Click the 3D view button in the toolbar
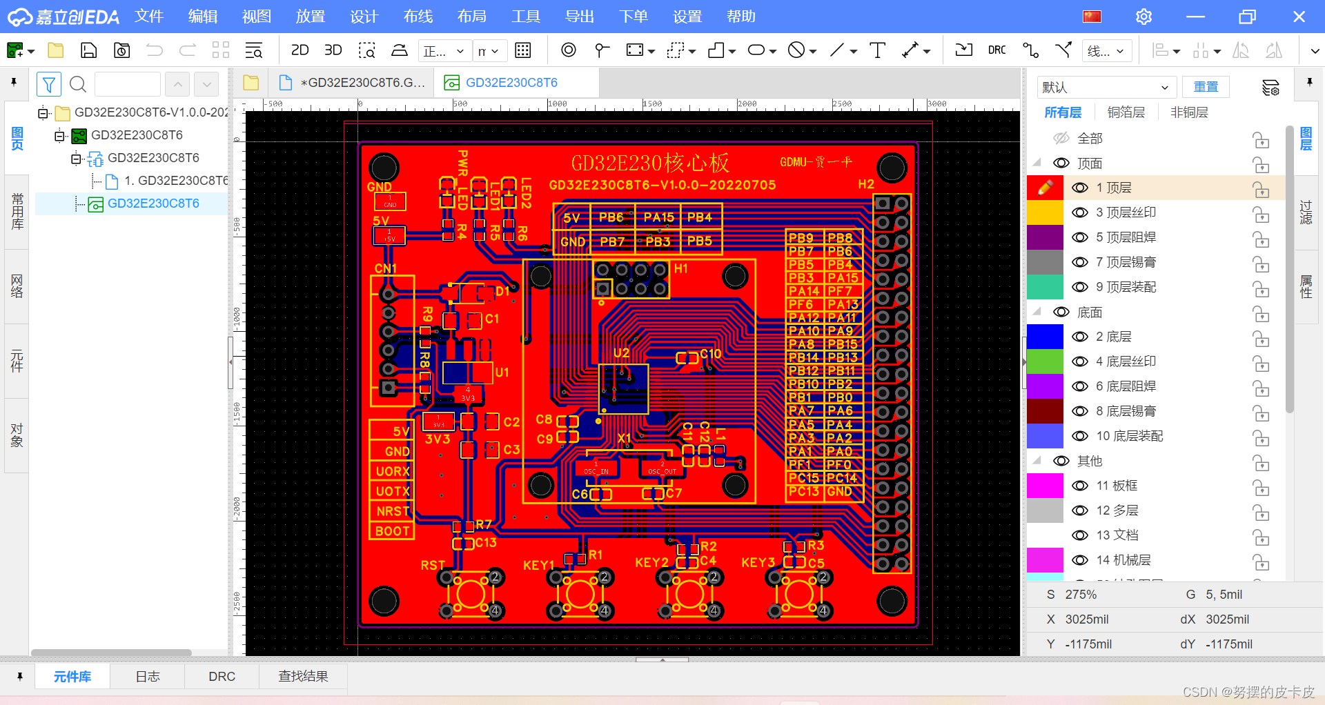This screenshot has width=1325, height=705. pos(333,50)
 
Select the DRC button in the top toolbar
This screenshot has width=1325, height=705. pos(997,50)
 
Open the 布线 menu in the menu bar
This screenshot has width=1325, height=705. pos(418,17)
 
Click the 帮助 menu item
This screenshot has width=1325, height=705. pos(740,17)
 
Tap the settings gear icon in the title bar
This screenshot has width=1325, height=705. pos(1144,17)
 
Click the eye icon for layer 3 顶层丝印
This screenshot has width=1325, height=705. pos(1080,212)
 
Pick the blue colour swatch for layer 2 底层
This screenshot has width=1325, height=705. pos(1045,337)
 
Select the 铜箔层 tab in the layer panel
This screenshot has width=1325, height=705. pos(1126,112)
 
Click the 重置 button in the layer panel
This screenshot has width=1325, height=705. pos(1206,87)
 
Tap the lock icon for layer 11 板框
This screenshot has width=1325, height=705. pos(1261,486)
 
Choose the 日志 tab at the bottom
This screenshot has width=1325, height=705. pos(148,677)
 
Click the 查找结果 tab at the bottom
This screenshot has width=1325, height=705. pos(303,677)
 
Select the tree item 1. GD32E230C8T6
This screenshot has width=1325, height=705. pos(175,181)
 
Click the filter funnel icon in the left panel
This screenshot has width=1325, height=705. pos(49,85)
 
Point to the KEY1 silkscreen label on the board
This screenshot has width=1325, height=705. pos(538,565)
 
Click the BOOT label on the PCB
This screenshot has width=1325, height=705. pos(393,531)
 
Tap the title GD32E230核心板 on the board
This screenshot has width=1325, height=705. pos(649,163)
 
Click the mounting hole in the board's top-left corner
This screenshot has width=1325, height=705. pos(384,168)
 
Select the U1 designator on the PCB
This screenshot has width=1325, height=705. pos(502,373)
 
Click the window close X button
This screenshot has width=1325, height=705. pos(1299,17)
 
